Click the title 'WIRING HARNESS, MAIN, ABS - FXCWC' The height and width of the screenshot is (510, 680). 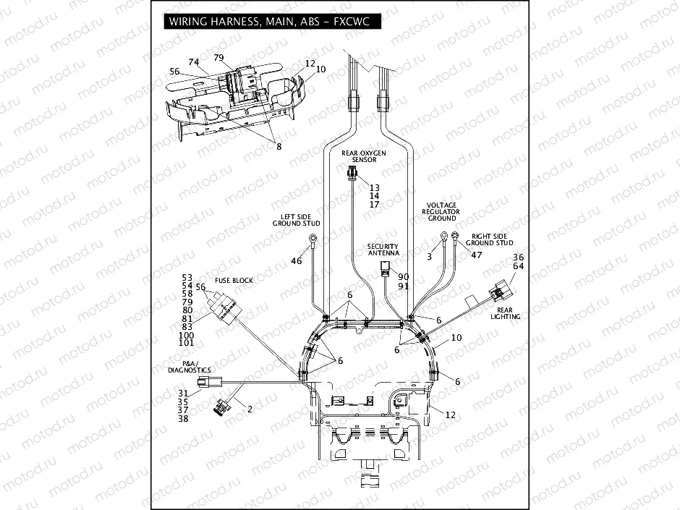pos(268,22)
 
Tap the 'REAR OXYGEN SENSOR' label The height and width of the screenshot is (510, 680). pos(364,156)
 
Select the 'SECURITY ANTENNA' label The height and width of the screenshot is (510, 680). pos(383,250)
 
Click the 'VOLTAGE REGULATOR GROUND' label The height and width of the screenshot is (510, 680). pos(441,211)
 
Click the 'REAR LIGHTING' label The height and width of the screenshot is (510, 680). pos(506,313)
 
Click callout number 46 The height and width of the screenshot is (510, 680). pos(297,260)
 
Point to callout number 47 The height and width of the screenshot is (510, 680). pos(476,255)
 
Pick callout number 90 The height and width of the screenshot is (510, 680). pos(404,277)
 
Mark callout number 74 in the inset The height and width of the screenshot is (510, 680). pos(193,62)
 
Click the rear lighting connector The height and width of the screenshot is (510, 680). pos(498,293)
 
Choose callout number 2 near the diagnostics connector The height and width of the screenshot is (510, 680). pos(250,409)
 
